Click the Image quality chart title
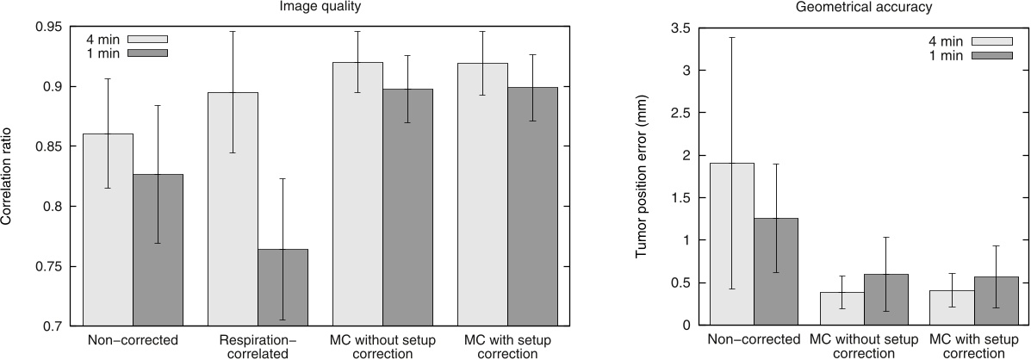[x=319, y=8]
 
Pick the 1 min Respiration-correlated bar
[x=283, y=288]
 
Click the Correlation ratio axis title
[x=8, y=177]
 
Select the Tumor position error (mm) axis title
[x=642, y=177]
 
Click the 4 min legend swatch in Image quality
[x=147, y=39]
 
